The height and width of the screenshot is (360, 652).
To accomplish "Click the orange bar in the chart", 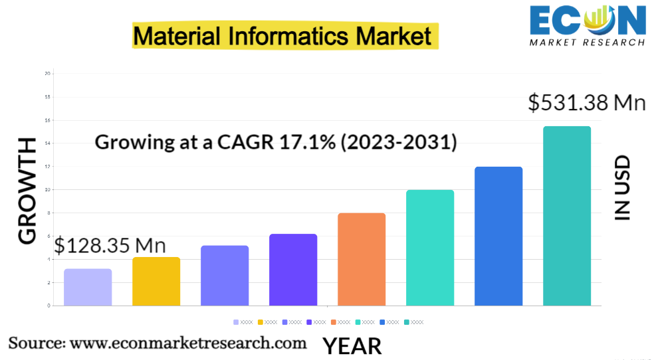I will pos(361,259).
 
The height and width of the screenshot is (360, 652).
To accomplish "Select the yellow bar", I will pos(156,281).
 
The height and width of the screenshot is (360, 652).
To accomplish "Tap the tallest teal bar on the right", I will pos(566,216).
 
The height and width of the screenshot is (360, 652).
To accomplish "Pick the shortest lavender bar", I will pos(88,287).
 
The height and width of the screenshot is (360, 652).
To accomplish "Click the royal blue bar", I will pos(498,236).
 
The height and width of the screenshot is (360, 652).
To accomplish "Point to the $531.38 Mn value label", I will pos(587,103).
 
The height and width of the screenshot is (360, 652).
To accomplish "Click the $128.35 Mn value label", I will pos(110,245).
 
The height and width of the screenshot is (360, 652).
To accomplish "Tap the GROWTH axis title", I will pos(27,191).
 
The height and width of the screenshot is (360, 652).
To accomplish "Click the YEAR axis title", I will pos(352,346).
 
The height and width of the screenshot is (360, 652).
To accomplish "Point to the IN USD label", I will pos(621,188).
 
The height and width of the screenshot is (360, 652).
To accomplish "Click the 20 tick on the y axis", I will pos(47,73).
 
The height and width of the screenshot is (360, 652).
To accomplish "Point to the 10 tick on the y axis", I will pos(47,189).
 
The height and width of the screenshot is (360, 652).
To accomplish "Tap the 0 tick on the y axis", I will pos(49,306).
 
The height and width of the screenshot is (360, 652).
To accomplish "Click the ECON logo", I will pos(587,25).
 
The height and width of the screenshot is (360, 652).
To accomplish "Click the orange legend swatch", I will pos(334,322).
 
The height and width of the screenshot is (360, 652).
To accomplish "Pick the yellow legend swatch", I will pos(261,322).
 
